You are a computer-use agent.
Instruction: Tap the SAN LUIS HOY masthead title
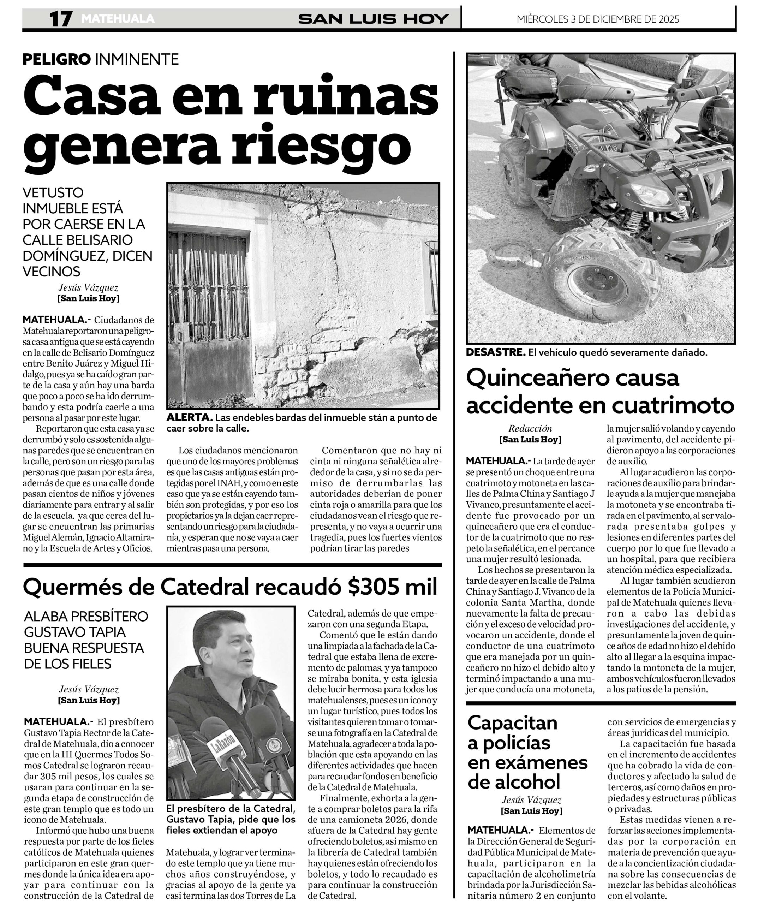[373, 19]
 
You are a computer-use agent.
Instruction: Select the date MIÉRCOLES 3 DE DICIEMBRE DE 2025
[598, 19]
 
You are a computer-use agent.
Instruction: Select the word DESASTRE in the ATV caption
[495, 352]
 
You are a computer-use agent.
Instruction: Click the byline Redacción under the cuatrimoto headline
[530, 428]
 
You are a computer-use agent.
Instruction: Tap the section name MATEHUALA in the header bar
[118, 19]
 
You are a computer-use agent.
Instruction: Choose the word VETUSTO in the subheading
[53, 192]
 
